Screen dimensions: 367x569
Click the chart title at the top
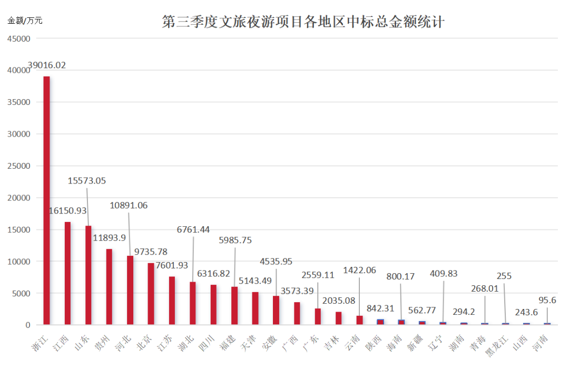coord(303,22)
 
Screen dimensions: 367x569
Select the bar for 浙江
coord(46,200)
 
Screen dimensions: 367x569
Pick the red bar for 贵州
coord(109,287)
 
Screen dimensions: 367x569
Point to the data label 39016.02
coord(47,65)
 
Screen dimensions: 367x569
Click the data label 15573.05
coord(87,181)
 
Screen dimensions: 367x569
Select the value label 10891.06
coord(129,206)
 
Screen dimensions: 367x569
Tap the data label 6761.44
coord(193,229)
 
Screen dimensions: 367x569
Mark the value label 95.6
coord(547,301)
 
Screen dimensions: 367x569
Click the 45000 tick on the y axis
coord(19,39)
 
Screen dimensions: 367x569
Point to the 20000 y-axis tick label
coord(19,198)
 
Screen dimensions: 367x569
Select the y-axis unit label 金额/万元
coord(25,21)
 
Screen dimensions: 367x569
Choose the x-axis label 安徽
coord(270,340)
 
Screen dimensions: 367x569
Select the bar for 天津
coord(255,308)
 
